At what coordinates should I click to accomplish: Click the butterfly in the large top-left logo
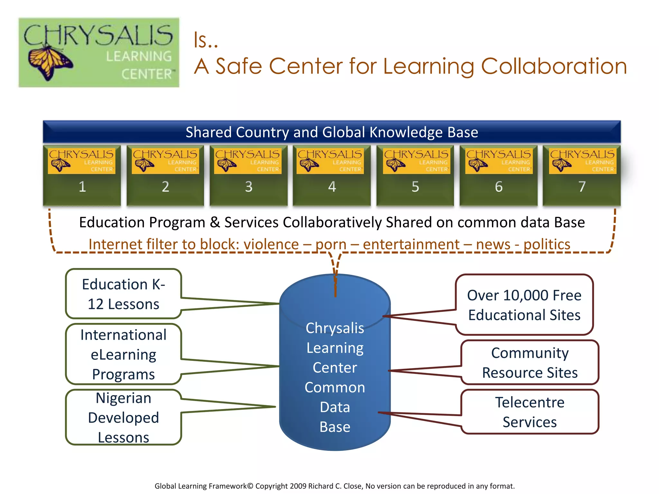50,63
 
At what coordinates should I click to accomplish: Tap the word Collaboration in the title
553,67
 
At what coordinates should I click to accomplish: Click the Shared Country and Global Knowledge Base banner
332,132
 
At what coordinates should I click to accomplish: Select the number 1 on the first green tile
82,187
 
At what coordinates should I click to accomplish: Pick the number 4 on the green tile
332,187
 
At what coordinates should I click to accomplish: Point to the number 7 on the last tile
582,187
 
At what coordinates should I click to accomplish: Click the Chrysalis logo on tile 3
247,160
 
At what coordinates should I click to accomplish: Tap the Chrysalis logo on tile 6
499,160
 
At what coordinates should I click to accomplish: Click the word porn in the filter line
331,244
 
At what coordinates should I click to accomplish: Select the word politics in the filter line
547,244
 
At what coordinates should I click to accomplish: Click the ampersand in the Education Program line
215,223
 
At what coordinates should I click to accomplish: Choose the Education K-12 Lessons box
124,294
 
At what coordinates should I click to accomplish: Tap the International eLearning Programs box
124,354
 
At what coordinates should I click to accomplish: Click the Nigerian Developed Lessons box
124,417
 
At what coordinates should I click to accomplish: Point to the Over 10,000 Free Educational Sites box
524,305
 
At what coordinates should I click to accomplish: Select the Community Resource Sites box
530,362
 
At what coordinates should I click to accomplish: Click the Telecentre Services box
530,412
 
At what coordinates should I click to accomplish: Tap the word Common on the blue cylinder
335,388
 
